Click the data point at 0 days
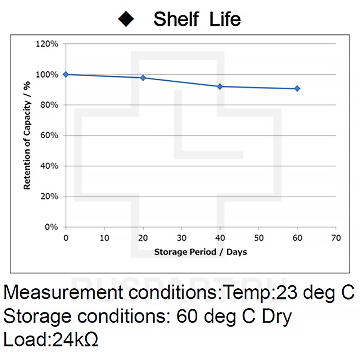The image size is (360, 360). click(66, 75)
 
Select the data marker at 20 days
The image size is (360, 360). click(143, 78)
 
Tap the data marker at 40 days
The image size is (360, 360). click(220, 86)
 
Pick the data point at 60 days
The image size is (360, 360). click(297, 89)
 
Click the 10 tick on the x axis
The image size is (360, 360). click(104, 238)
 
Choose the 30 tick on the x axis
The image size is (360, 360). click(181, 238)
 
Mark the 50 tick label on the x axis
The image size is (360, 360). click(258, 238)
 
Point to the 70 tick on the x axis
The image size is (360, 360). click(336, 238)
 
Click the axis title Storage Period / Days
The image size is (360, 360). click(201, 252)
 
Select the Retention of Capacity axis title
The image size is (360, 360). click(27, 135)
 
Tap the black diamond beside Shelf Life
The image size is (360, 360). click(127, 19)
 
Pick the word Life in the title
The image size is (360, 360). click(225, 19)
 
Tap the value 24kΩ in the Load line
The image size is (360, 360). click(75, 339)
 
